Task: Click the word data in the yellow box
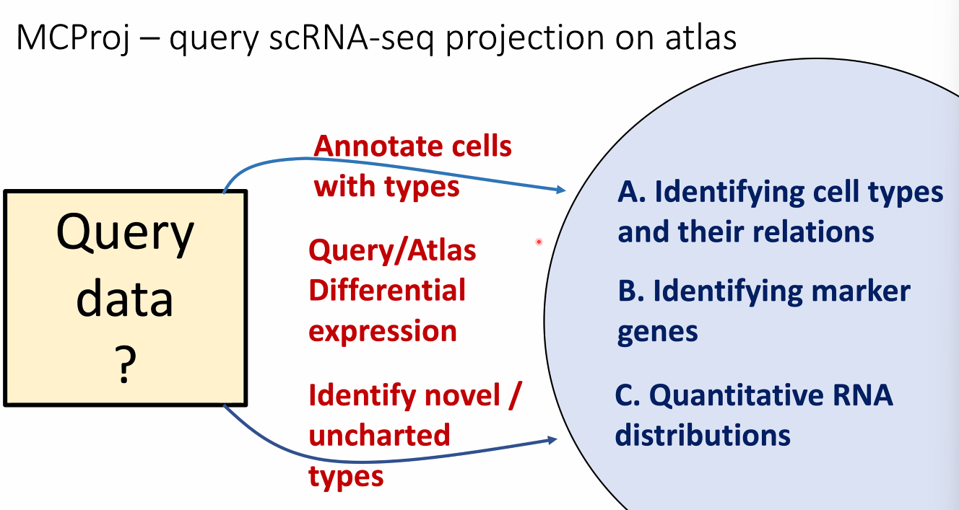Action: pos(124,300)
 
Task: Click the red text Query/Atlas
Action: pos(392,250)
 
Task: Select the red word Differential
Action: pos(387,291)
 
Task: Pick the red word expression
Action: pos(383,331)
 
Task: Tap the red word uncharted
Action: pos(379,435)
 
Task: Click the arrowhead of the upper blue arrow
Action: pos(561,190)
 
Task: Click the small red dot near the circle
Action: pos(539,242)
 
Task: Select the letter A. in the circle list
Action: pos(631,192)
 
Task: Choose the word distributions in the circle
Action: pos(703,436)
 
